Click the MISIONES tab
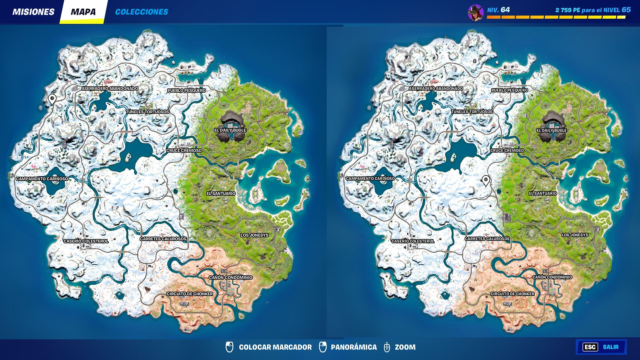33,12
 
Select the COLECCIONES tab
141,12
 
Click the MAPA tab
83,12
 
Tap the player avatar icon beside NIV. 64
475,13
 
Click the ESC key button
590,347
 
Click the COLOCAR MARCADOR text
275,347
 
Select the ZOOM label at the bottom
405,347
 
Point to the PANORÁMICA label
354,347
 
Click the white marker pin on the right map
486,180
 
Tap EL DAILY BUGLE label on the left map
230,130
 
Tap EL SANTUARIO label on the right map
543,193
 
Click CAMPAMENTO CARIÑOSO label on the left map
42,179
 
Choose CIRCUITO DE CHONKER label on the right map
512,294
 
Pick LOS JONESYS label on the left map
254,235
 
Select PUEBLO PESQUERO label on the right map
510,90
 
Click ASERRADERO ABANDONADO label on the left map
110,89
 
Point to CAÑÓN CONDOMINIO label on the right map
552,277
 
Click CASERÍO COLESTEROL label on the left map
86,241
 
